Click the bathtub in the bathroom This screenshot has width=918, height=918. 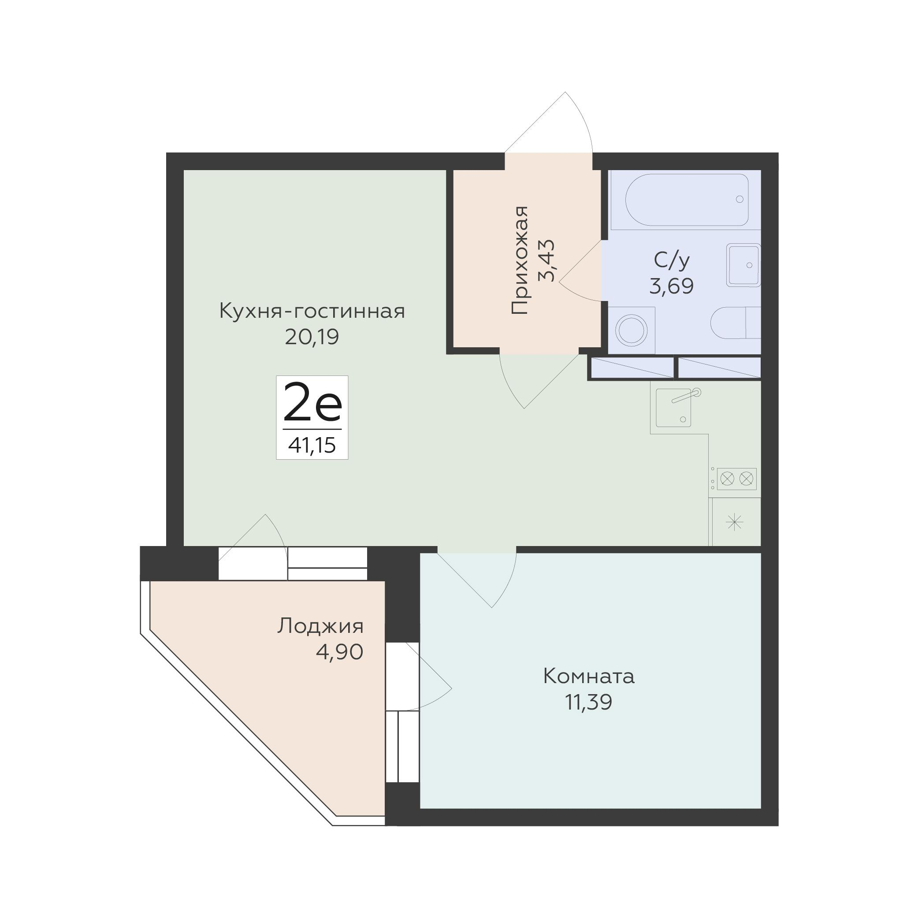click(686, 200)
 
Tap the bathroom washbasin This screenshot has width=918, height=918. click(743, 265)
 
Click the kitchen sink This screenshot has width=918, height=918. click(674, 407)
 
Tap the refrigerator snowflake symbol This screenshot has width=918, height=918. click(735, 523)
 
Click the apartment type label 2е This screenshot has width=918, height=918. click(312, 402)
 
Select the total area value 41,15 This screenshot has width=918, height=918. click(312, 446)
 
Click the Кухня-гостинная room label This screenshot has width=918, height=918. click(312, 312)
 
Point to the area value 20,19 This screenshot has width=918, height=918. click(312, 337)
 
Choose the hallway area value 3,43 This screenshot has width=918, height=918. click(547, 260)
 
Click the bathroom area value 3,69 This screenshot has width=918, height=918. click(671, 286)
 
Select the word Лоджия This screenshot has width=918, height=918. click(320, 626)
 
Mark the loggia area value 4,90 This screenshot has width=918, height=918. click(339, 652)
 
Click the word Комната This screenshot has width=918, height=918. click(589, 676)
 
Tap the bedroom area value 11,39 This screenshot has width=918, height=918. click(589, 702)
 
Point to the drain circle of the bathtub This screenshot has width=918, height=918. click(740, 199)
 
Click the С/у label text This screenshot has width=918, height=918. click(671, 260)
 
